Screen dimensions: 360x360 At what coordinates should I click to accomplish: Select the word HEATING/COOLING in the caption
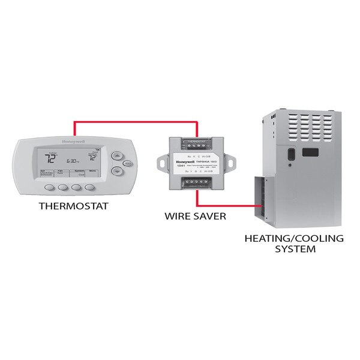pos(293,238)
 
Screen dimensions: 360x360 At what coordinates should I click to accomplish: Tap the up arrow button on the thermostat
pos(117,155)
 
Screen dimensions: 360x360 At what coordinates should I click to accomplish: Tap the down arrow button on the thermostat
pos(117,171)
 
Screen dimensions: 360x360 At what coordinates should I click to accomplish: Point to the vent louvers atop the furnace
pos(303,124)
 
